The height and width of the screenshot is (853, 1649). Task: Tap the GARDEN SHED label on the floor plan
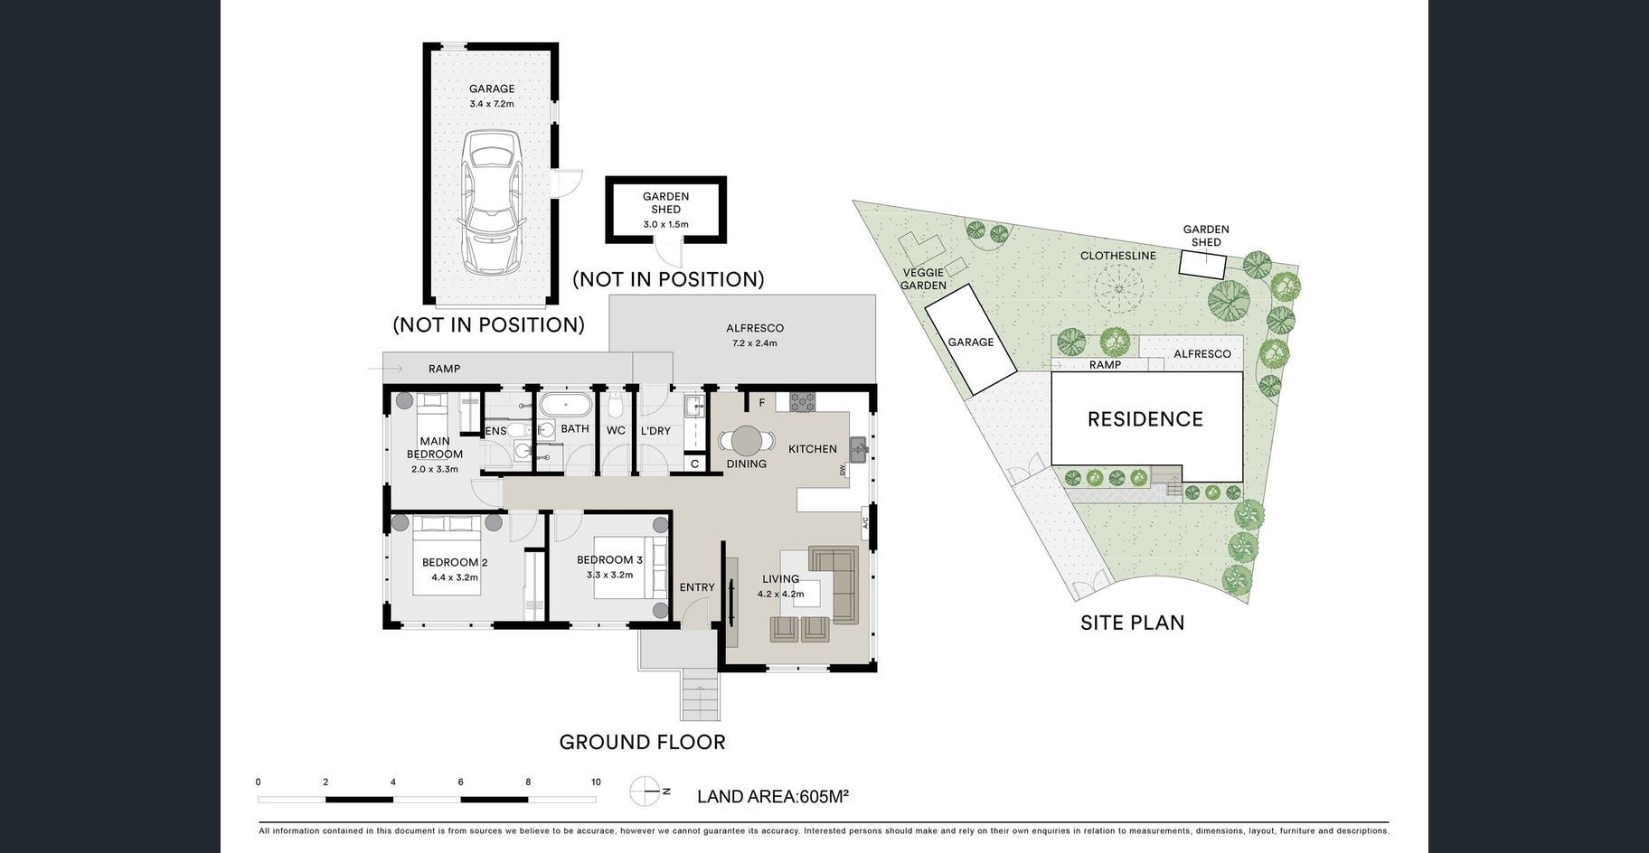(666, 202)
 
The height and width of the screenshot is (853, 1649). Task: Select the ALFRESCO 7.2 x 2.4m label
(755, 335)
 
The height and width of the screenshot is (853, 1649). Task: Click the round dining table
(747, 441)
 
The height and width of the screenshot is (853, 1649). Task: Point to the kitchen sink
(857, 448)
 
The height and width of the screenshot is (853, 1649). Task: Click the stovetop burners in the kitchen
(802, 402)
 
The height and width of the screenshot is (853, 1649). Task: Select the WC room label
(616, 430)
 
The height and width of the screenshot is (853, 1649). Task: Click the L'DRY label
(656, 430)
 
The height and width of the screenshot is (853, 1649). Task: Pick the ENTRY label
(697, 587)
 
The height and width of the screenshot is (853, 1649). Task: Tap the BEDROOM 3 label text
(610, 560)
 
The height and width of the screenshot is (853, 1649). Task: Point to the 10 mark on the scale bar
(596, 783)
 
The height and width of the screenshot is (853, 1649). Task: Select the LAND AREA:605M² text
(773, 797)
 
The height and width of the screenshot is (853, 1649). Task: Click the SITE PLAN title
(1133, 623)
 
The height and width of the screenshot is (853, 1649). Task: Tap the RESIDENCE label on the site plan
(1145, 419)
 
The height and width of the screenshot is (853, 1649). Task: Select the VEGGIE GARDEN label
(923, 279)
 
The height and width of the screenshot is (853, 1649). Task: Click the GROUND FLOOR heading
(643, 743)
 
